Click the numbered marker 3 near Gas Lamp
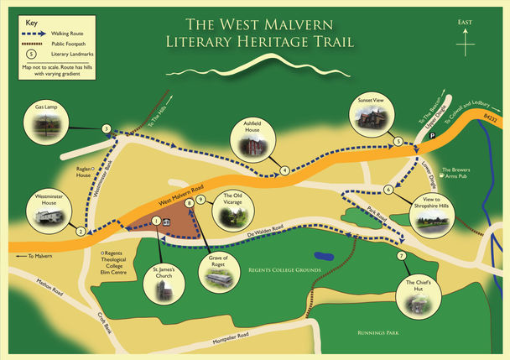[x=107, y=128]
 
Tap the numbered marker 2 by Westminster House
[x=81, y=232]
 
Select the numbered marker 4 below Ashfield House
[x=285, y=170]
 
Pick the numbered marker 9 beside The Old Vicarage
[x=201, y=200]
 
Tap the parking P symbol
[x=433, y=135]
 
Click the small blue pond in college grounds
[x=322, y=253]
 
